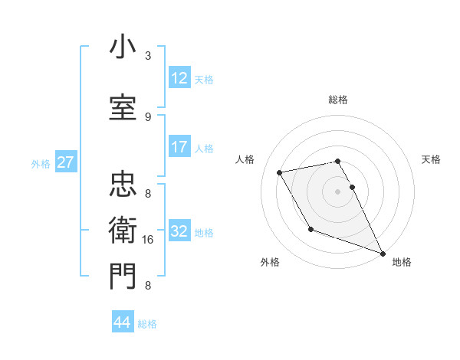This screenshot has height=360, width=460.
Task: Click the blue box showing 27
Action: click(65, 162)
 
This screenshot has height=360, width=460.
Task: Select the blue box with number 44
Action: click(123, 322)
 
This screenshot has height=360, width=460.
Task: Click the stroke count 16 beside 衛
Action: click(149, 240)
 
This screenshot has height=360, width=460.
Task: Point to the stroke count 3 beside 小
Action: click(148, 56)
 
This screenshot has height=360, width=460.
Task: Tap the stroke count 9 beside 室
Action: click(148, 117)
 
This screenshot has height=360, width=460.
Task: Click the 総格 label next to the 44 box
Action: click(148, 324)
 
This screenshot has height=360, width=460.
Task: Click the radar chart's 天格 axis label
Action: click(431, 159)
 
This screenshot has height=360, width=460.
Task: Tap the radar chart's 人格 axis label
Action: click(245, 159)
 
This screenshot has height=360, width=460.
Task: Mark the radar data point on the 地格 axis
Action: click(383, 254)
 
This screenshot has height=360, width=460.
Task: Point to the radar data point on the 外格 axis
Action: click(310, 229)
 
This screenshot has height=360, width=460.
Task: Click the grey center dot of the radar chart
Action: click(337, 191)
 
